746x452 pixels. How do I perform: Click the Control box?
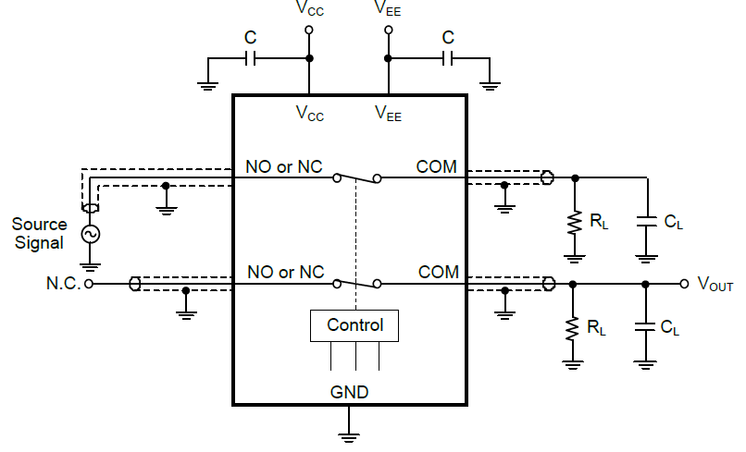[x=355, y=325]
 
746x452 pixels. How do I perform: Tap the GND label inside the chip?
[x=349, y=392]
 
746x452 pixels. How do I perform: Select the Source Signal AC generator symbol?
[x=91, y=235]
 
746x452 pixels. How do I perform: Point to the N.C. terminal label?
[x=63, y=284]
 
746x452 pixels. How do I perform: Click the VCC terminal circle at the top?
[x=309, y=30]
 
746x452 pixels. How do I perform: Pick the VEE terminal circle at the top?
[x=388, y=30]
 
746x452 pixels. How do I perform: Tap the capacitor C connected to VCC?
[x=250, y=58]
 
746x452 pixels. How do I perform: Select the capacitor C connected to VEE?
[x=448, y=58]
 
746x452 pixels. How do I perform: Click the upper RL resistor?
[x=575, y=223]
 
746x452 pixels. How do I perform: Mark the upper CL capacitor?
[x=646, y=223]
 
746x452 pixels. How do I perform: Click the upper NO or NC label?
[x=285, y=167]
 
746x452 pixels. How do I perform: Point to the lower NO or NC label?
[x=285, y=273]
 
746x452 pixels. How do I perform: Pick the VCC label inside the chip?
[x=309, y=113]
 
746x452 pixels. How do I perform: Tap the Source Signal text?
[x=39, y=234]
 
